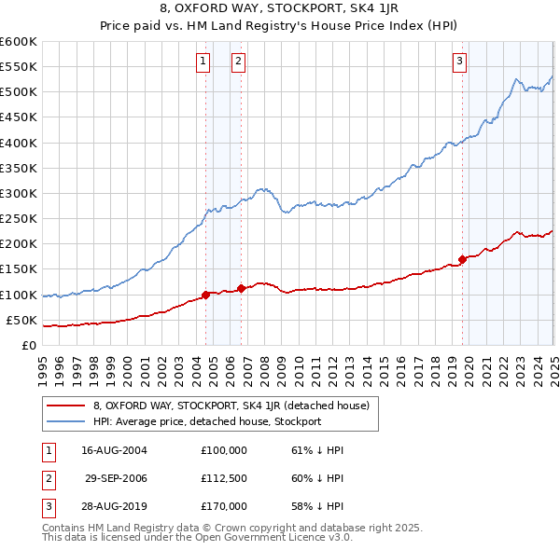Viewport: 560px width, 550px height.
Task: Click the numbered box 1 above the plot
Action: pyautogui.click(x=203, y=62)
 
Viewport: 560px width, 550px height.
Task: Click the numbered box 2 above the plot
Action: pyautogui.click(x=238, y=62)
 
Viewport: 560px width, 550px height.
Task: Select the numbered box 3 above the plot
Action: pyautogui.click(x=460, y=62)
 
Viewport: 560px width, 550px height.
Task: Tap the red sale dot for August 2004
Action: pyautogui.click(x=205, y=295)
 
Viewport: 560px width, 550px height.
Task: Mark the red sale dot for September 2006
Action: pyautogui.click(x=242, y=288)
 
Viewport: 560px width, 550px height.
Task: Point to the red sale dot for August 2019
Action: pyautogui.click(x=462, y=259)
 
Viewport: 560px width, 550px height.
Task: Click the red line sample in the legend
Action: pyautogui.click(x=65, y=406)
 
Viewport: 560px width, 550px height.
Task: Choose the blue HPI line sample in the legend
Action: pyautogui.click(x=65, y=421)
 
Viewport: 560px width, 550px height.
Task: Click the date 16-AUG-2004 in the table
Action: pyautogui.click(x=115, y=450)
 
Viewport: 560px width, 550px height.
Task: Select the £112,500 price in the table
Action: pyautogui.click(x=224, y=478)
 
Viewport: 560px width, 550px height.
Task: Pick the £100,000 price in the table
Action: pyautogui.click(x=224, y=450)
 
